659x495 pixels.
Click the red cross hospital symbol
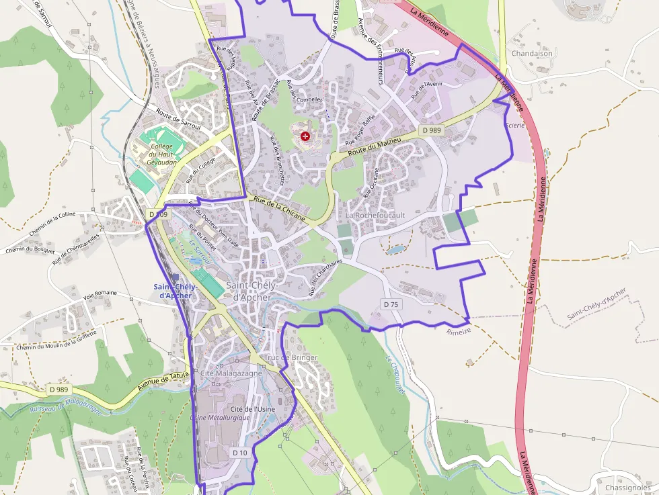[306, 136]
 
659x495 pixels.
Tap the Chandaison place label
[532, 54]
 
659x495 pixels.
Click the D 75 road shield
[391, 304]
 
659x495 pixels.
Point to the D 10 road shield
[240, 453]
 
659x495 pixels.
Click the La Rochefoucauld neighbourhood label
[376, 215]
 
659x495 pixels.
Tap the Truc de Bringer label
[290, 358]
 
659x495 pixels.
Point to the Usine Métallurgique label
[220, 417]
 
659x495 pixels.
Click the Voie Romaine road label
[100, 294]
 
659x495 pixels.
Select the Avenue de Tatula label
[163, 383]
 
